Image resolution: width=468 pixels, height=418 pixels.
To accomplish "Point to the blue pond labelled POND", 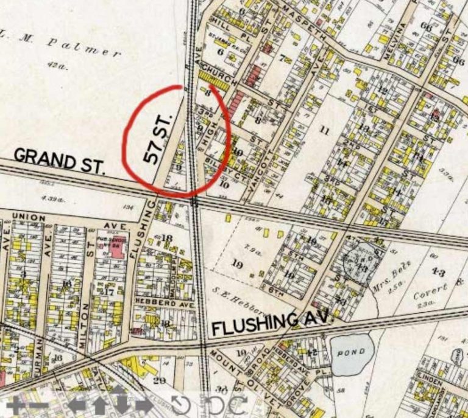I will coord(352,354).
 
